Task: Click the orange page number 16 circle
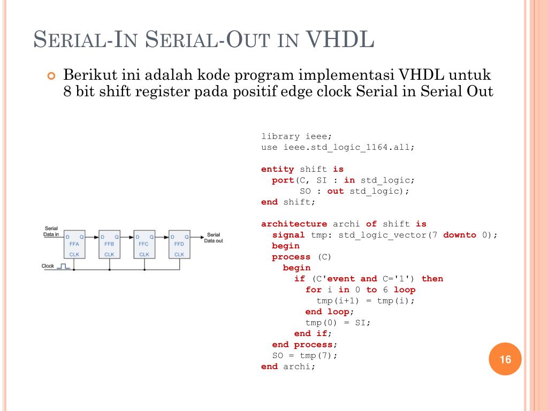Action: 505,359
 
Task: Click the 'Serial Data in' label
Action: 51,231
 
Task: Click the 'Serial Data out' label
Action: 214,238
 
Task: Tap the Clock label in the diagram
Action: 48,266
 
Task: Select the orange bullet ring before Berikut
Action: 51,75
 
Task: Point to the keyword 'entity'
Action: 277,169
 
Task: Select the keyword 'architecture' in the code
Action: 294,224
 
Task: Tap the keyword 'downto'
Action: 460,235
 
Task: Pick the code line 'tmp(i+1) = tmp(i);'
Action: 366,301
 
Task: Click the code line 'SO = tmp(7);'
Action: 305,355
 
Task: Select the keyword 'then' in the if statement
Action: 432,279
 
